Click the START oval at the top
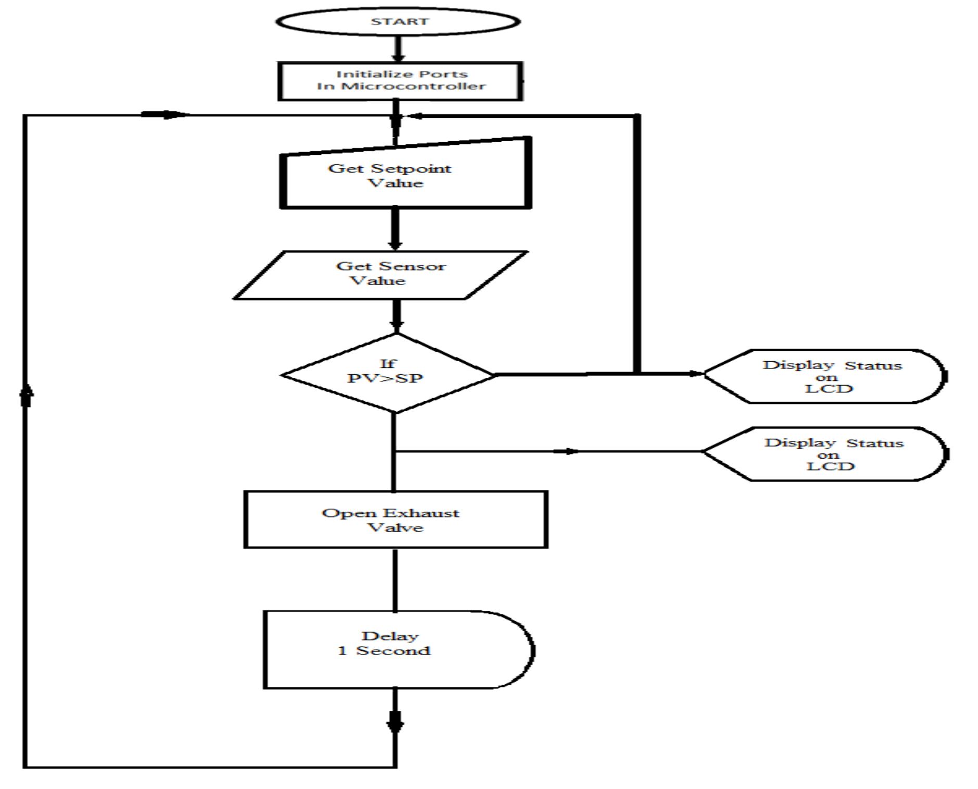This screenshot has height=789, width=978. pyautogui.click(x=397, y=21)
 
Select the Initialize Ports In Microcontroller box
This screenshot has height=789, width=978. pyautogui.click(x=400, y=81)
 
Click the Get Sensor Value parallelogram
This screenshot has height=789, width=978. pyautogui.click(x=381, y=275)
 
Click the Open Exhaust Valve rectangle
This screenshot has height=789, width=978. pyautogui.click(x=395, y=520)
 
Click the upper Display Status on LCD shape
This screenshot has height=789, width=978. pyautogui.click(x=828, y=376)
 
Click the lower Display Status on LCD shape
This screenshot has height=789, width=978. pyautogui.click(x=828, y=454)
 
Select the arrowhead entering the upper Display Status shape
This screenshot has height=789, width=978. pyautogui.click(x=696, y=374)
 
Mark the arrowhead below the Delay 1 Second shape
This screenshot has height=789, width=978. pyautogui.click(x=395, y=724)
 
